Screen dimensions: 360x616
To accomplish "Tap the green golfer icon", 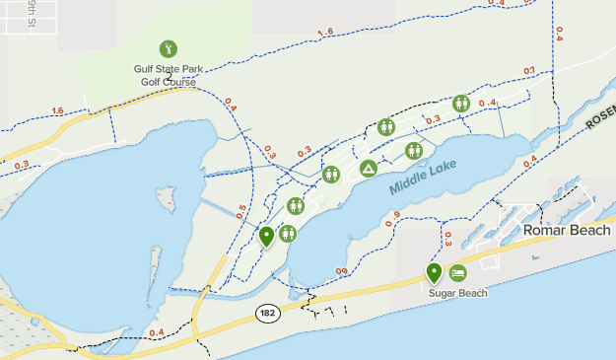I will pos(168,49).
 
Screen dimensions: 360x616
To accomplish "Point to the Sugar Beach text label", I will pos(457,293).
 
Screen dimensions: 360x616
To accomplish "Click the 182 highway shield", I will pos(267,313).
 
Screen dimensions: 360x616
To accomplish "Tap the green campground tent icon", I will pos(369,169).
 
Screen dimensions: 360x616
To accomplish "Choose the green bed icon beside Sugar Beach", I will pos(457,273).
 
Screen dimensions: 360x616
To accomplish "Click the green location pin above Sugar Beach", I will pos(434,273).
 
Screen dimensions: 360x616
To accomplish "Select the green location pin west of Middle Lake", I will pos(266,237).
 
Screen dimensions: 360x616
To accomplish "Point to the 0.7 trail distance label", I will pos(529,71).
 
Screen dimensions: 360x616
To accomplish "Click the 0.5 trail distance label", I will pos(240,210).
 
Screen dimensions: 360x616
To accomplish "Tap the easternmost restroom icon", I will pos(460,104).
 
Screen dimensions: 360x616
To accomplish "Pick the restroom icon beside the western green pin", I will pos(288,234).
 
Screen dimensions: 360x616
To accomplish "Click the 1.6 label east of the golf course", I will pos(325,34).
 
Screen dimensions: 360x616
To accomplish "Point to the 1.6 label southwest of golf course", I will pos(56,110).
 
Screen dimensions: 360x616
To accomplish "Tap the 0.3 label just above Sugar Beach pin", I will pos(447,239).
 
